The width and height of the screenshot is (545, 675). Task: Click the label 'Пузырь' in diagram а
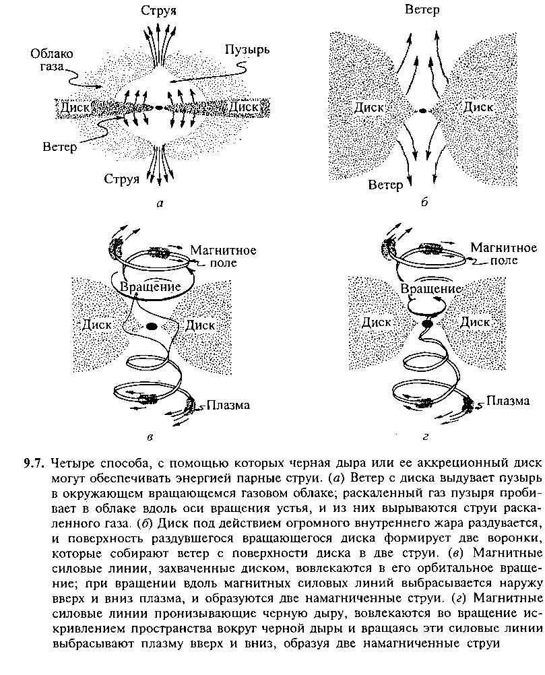[x=247, y=50]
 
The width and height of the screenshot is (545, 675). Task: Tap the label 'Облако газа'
[x=51, y=60]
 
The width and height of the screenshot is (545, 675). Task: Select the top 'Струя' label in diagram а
[x=159, y=10]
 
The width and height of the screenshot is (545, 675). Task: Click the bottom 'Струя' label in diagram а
[x=122, y=179]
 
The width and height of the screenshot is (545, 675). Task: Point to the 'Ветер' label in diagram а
[x=59, y=147]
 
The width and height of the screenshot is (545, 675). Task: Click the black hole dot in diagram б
[x=423, y=110]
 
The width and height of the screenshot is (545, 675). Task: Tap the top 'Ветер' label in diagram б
[x=422, y=9]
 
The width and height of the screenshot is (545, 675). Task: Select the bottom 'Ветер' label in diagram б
[x=386, y=185]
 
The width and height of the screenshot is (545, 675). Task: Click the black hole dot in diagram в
[x=152, y=326]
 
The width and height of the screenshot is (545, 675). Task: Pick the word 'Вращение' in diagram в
[x=150, y=287]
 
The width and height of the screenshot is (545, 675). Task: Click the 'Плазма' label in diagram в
[x=228, y=405]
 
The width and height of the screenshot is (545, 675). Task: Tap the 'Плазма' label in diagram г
[x=508, y=401]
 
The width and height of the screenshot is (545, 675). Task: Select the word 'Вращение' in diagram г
[x=431, y=288]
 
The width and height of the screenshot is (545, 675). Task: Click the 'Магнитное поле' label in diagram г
[x=504, y=253]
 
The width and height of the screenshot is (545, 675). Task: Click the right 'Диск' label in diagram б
[x=478, y=106]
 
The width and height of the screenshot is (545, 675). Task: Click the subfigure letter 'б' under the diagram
[x=424, y=202]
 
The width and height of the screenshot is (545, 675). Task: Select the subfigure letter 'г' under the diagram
[x=425, y=437]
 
